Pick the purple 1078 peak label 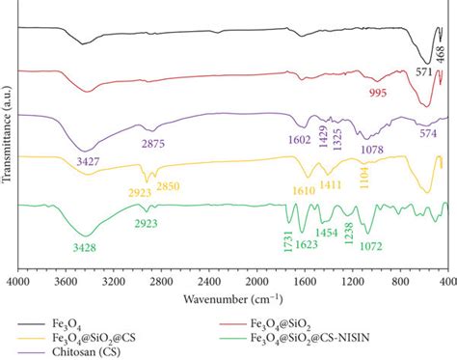tap(370, 150)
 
